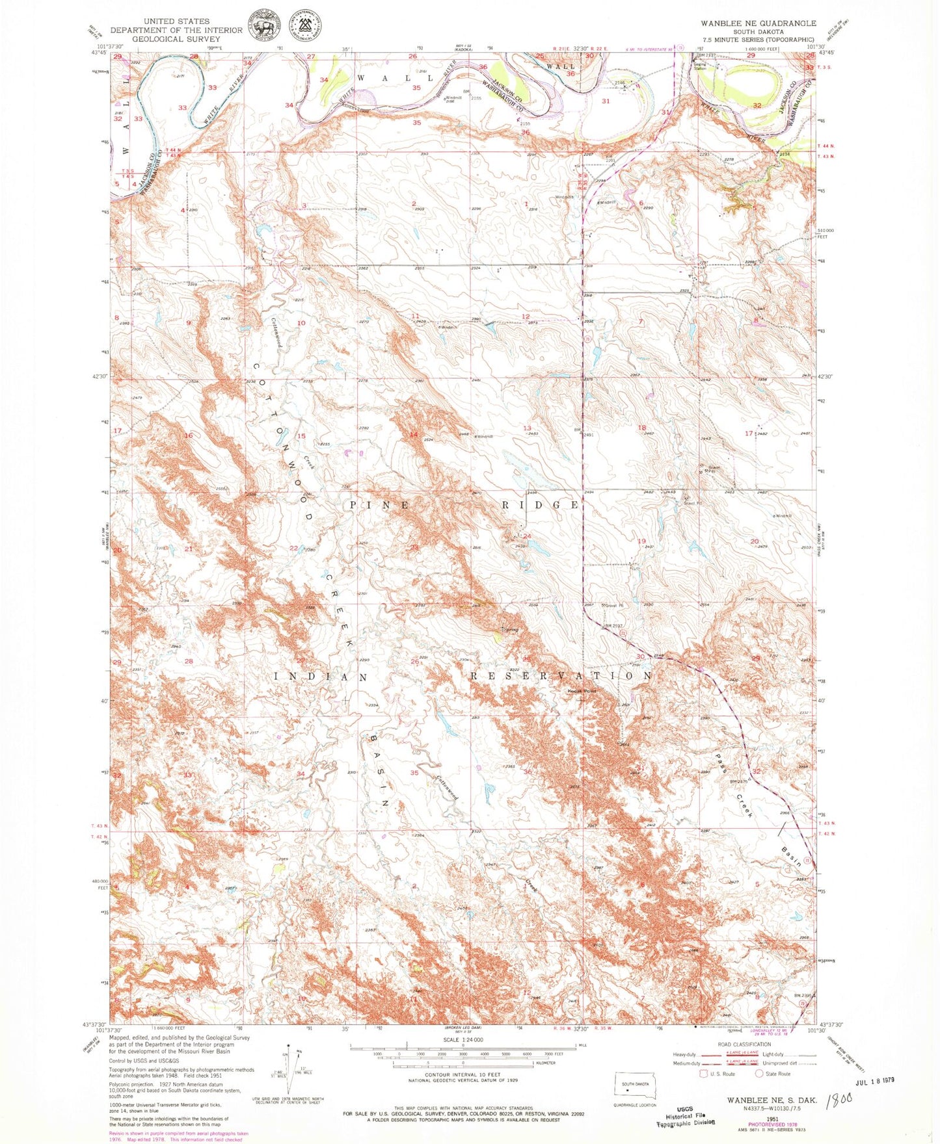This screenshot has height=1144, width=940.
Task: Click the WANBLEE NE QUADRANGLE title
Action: coord(758,23)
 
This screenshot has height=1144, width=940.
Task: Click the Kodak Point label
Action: coord(582,691)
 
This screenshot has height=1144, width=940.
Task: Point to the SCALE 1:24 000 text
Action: coord(463,1040)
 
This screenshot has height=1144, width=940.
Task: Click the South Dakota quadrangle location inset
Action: coord(636,1087)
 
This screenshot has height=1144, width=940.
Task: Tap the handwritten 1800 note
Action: coord(838,1101)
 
